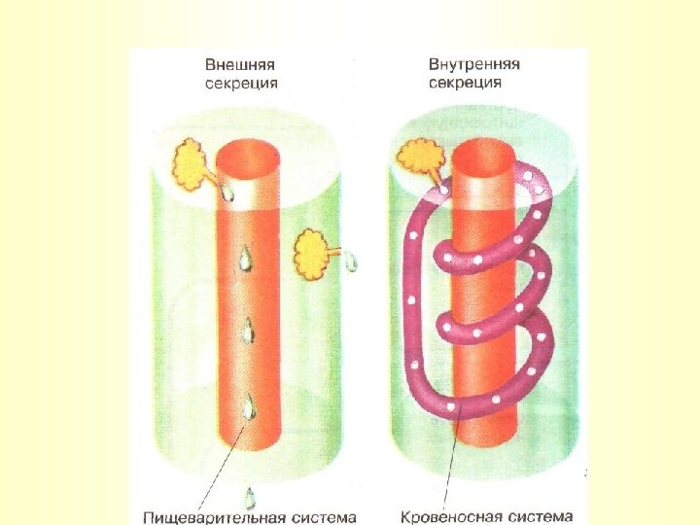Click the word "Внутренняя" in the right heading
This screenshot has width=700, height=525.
474,64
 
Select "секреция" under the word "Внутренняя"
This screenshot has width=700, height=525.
465,83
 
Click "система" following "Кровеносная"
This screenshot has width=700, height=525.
539,516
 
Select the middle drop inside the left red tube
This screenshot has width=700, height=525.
249,330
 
